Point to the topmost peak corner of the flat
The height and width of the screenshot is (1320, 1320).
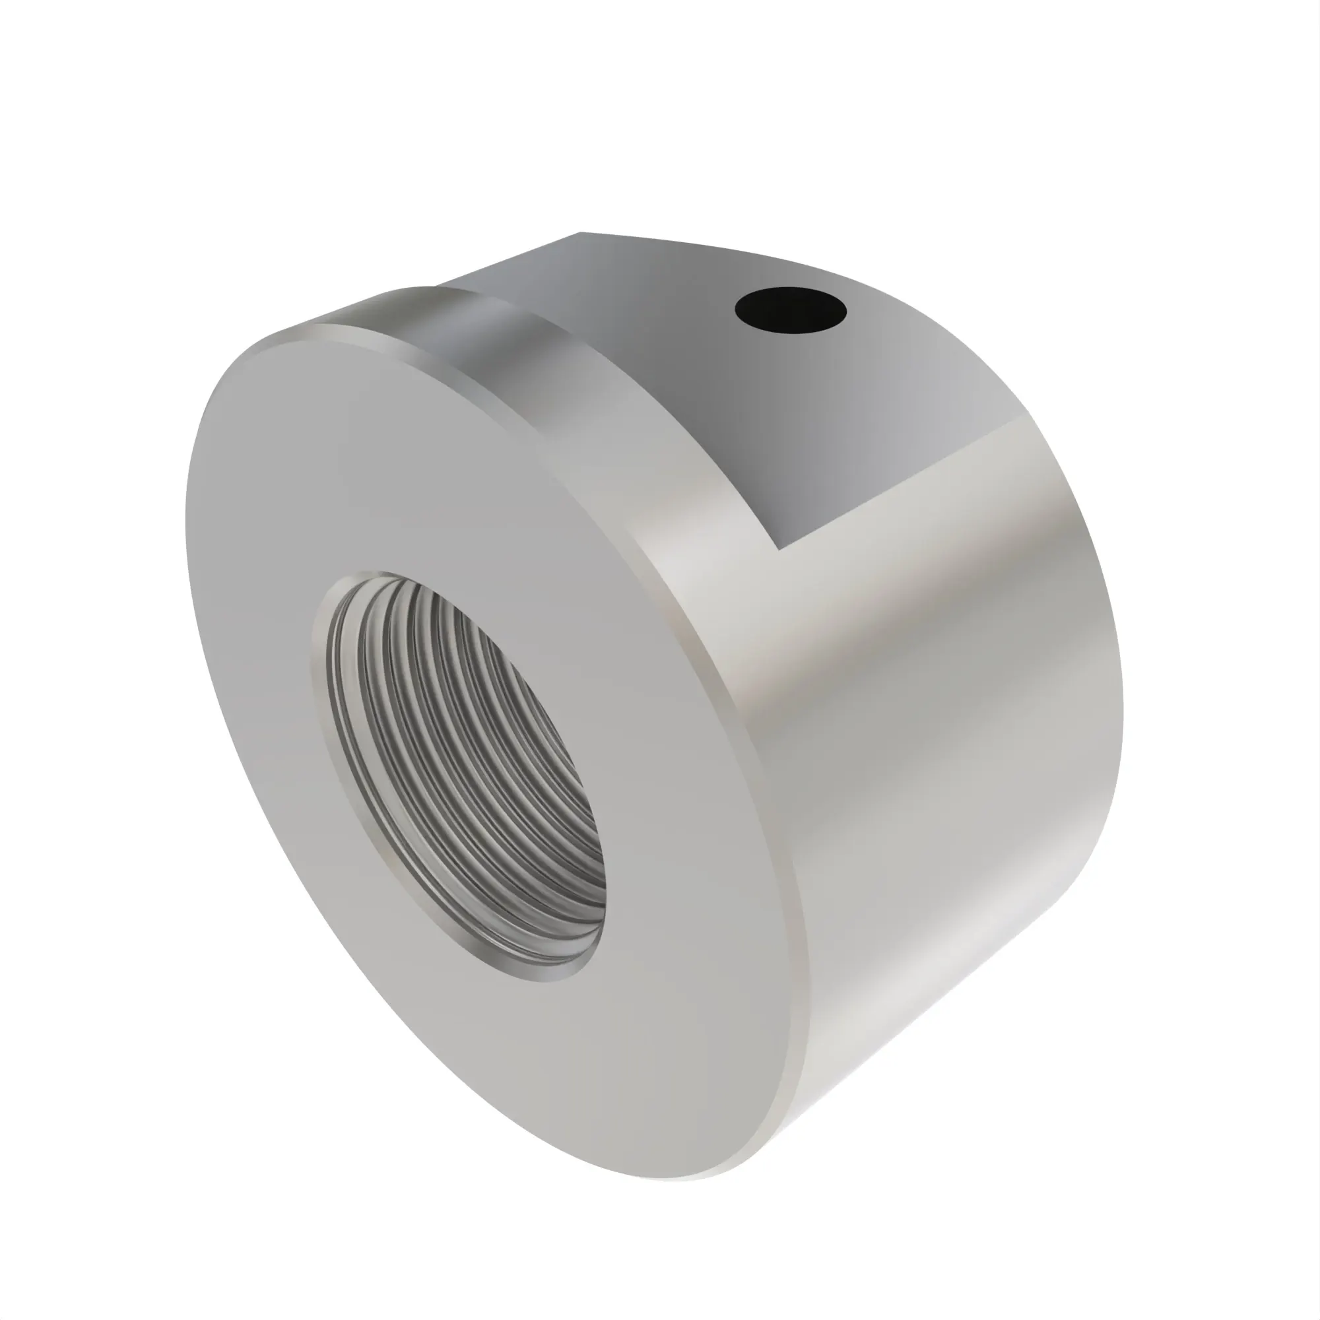click(581, 233)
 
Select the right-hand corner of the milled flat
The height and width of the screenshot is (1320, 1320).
click(1026, 414)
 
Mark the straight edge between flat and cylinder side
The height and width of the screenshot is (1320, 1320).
click(902, 482)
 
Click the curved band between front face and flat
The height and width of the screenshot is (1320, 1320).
click(478, 342)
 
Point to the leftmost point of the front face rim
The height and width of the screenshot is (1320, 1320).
click(187, 519)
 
